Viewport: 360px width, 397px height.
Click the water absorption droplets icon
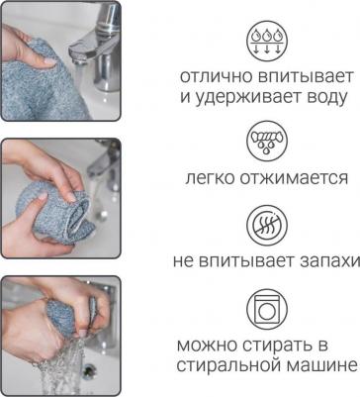[267, 42]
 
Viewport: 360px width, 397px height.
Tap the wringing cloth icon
[267, 141]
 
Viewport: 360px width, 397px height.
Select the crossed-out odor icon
[267, 226]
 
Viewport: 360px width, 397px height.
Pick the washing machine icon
[267, 310]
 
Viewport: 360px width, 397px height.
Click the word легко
[210, 178]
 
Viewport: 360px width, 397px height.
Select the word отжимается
[294, 178]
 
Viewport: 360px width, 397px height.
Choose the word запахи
[329, 261]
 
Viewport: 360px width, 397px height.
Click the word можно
[207, 346]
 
